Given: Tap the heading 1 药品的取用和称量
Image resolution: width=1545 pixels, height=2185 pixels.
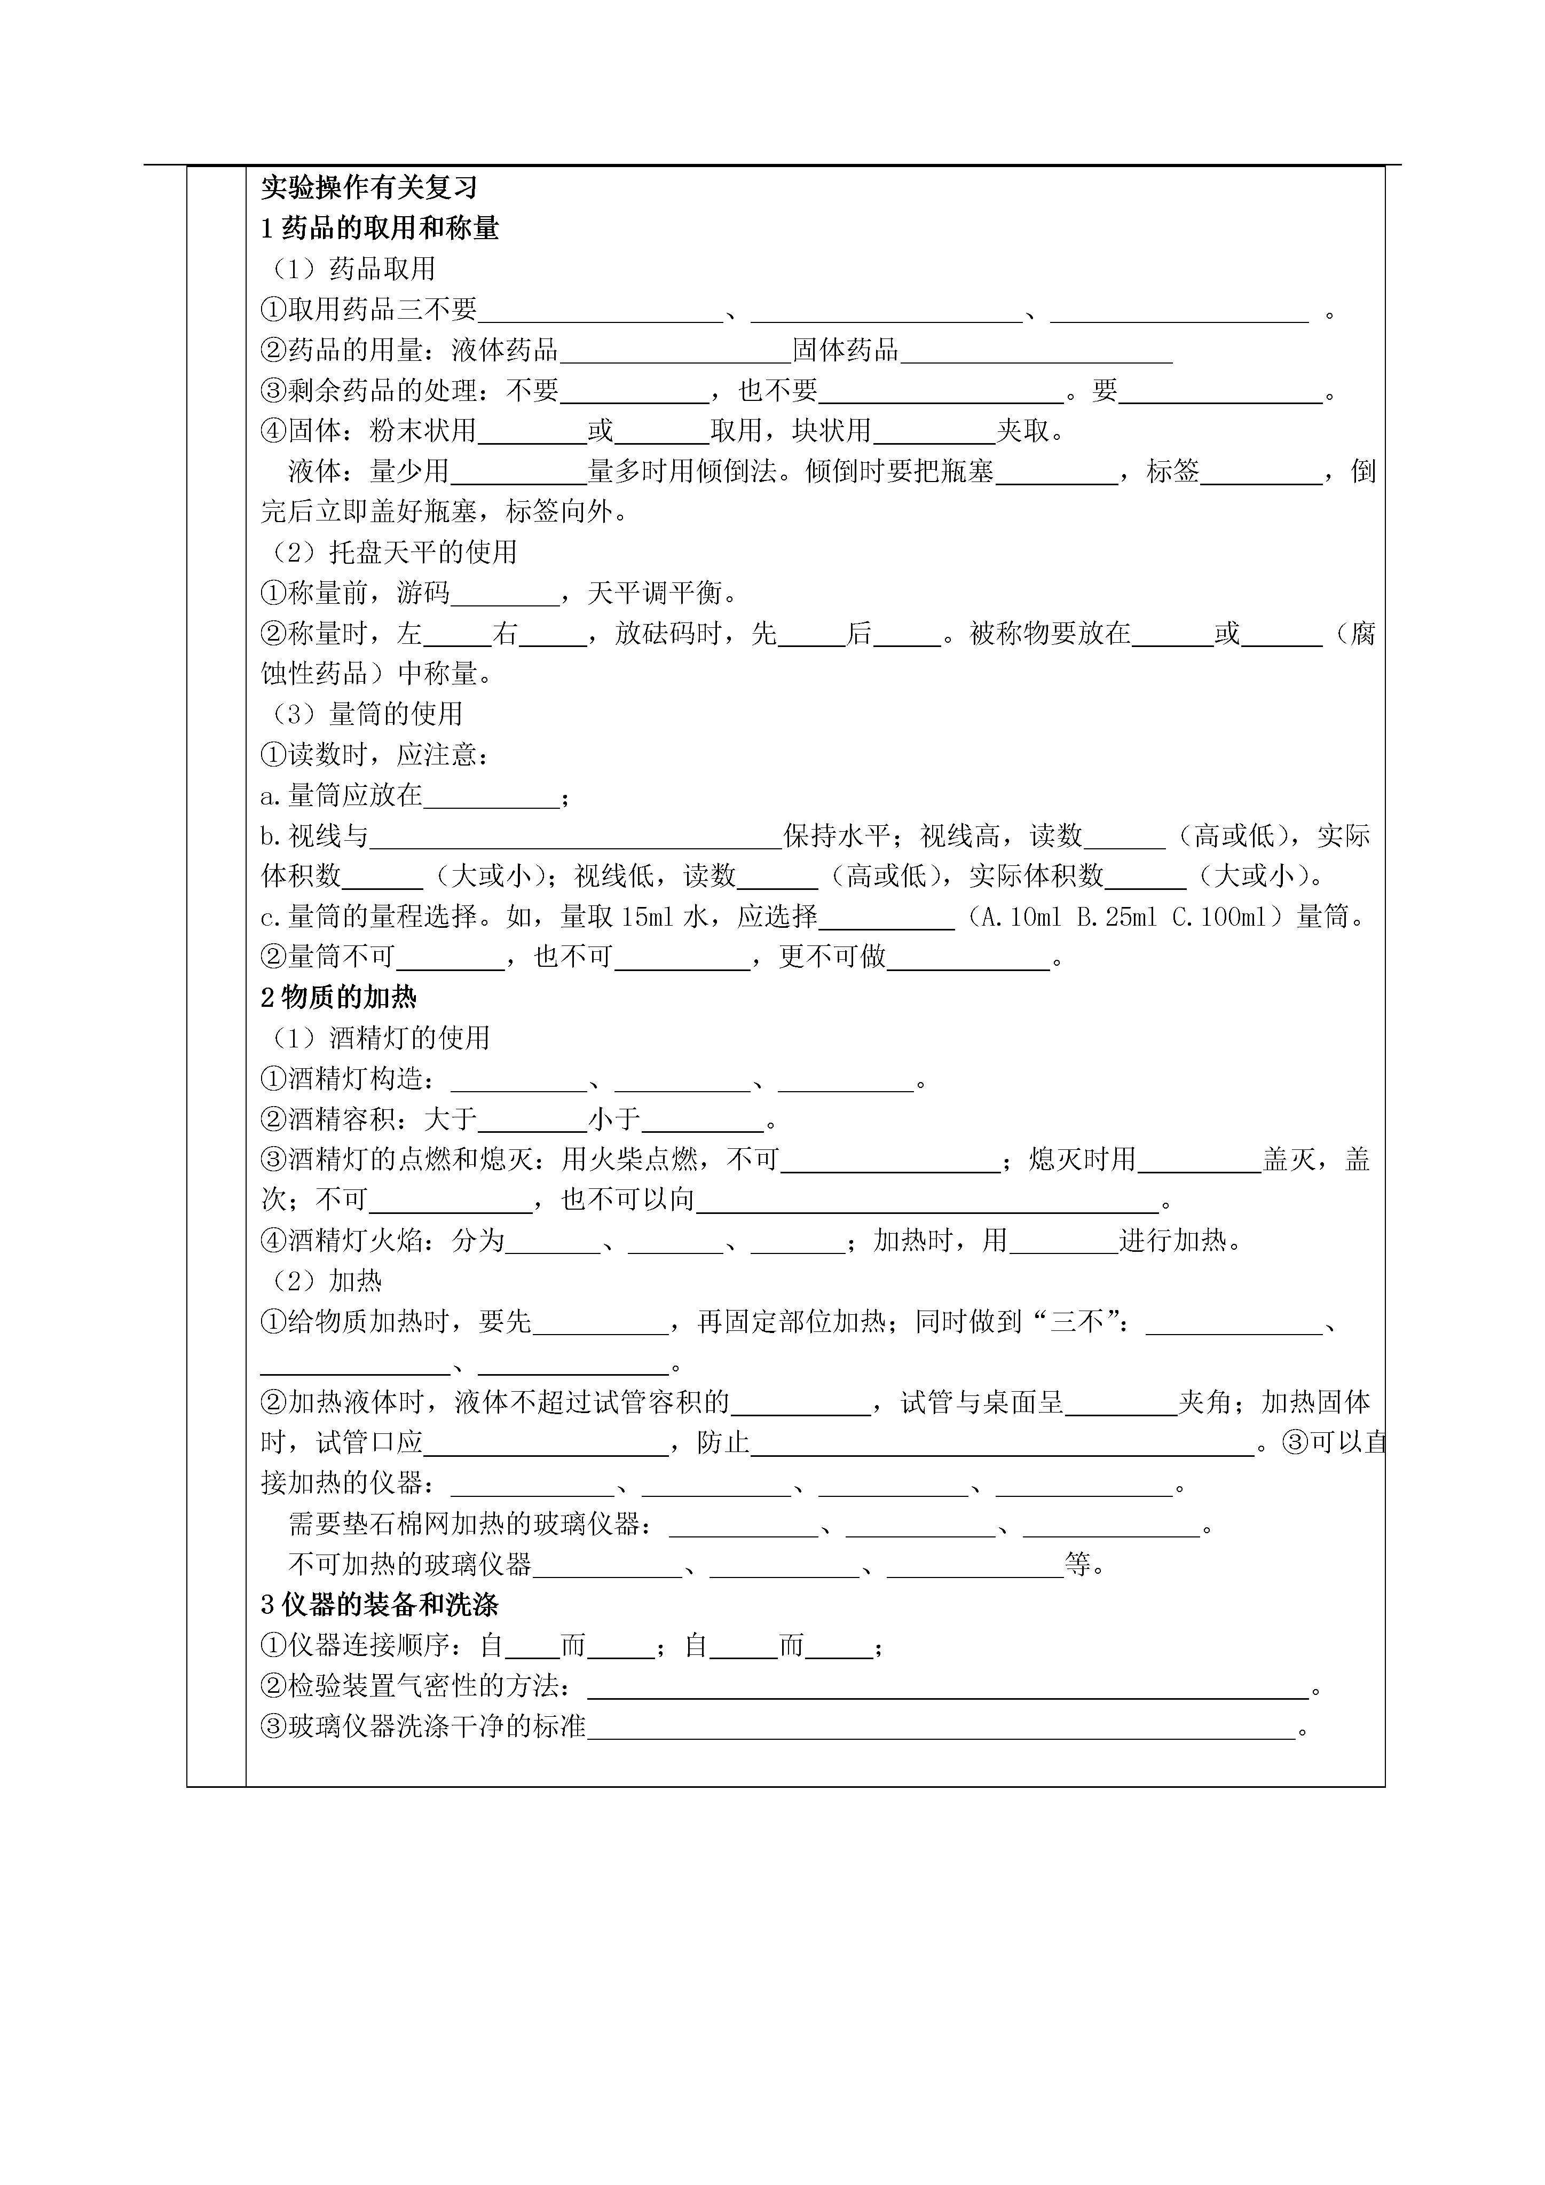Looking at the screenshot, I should [380, 228].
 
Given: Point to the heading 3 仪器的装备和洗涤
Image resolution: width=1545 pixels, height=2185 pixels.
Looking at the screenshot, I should [380, 1605].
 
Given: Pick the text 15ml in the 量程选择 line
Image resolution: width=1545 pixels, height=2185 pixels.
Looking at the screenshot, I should [647, 917].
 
